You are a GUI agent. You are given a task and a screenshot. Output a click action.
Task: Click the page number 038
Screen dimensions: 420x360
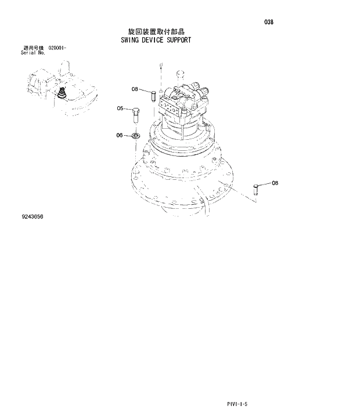coord(268,22)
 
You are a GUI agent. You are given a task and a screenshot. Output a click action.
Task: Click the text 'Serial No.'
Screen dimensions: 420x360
coord(33,53)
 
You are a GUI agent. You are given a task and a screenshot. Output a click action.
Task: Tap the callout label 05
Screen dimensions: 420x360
coord(121,108)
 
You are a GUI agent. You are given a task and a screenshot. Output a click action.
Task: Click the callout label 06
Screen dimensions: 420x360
coord(120,135)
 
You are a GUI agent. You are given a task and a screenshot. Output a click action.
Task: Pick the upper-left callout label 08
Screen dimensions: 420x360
coord(135,89)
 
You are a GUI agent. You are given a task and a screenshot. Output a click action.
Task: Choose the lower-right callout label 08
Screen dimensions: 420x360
coord(275,183)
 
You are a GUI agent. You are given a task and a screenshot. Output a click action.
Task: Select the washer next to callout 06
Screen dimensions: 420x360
coord(136,135)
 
